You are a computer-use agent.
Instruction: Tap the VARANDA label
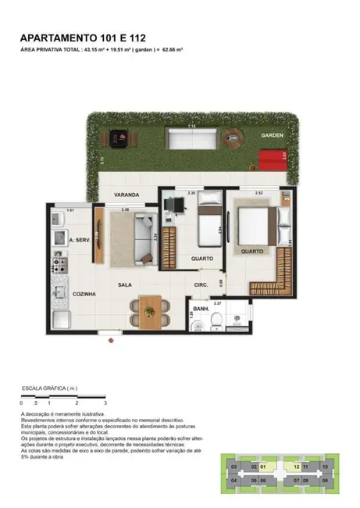(126, 195)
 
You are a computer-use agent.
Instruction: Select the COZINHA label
(84, 294)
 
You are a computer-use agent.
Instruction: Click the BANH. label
(201, 310)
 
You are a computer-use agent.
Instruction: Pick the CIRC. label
(201, 285)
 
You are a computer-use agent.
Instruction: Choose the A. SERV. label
(81, 240)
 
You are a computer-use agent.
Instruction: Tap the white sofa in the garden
(192, 139)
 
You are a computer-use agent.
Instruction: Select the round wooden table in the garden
(233, 140)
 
